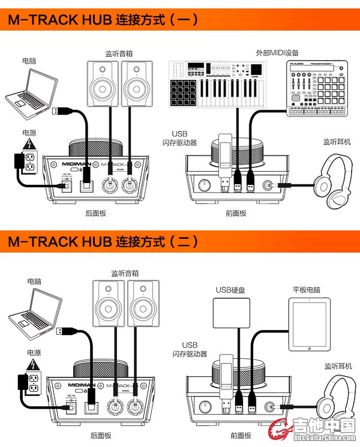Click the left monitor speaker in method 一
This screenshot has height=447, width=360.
(100, 82)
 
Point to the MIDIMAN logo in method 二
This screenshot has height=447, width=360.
(78, 385)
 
